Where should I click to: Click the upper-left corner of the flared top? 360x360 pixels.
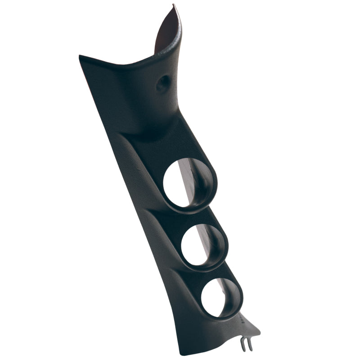(x=81, y=57)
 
